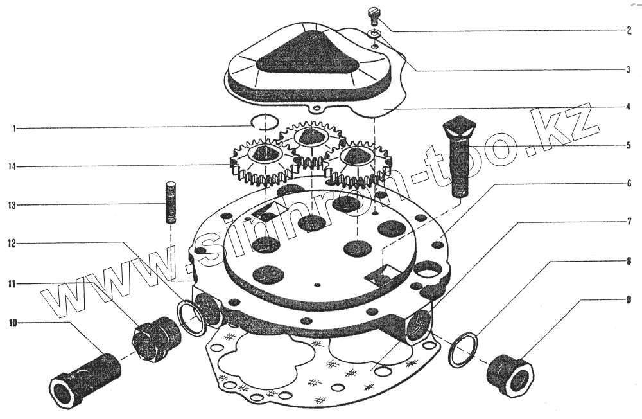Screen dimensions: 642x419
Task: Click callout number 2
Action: (x=629, y=31)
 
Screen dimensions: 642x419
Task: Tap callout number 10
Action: (x=13, y=323)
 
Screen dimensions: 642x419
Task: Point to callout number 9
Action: (x=629, y=300)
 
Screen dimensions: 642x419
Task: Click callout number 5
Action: (x=629, y=145)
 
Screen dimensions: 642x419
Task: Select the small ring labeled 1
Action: (x=265, y=121)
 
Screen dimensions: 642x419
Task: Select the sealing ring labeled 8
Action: (x=464, y=350)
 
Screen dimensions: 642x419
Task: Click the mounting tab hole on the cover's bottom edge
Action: (x=316, y=109)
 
